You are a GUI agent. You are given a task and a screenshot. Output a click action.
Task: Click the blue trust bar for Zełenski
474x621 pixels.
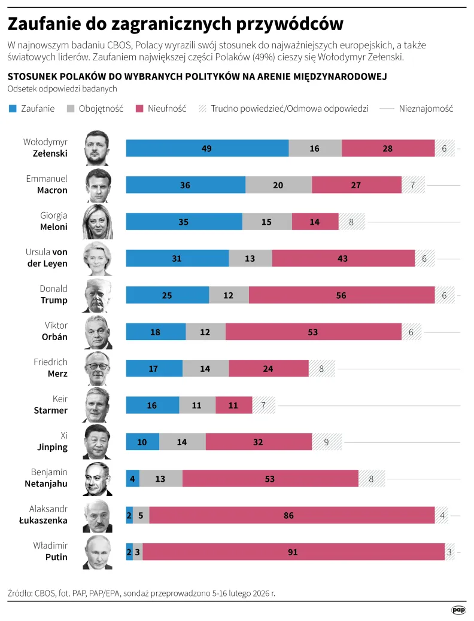coord(207,148)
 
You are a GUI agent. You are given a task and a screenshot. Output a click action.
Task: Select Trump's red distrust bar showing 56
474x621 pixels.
coord(342,295)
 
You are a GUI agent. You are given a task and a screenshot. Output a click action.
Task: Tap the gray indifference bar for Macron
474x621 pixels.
coord(278,185)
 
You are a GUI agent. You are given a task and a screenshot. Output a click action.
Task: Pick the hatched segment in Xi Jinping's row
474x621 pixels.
coord(327,442)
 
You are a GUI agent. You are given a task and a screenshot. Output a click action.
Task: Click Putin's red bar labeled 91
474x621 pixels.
coord(293,552)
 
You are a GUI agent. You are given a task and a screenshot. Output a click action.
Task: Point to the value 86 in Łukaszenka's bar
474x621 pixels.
coord(288,515)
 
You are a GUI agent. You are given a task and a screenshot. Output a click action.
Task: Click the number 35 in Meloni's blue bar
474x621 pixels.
coord(184,222)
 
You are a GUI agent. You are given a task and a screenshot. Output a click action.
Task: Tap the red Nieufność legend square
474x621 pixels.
coord(139,108)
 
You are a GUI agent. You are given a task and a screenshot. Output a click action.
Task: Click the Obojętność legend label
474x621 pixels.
coord(101,108)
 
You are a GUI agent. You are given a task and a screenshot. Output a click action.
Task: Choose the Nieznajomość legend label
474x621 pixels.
coord(426,108)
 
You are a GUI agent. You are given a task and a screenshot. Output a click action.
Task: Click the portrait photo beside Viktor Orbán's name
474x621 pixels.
coord(97,332)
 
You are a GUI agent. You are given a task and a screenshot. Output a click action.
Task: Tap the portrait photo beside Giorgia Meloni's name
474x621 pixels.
coord(97,222)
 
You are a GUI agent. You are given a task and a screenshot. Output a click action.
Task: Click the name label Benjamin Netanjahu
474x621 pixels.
coord(49,478)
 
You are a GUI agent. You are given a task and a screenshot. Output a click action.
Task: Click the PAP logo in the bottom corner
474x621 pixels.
coord(458,610)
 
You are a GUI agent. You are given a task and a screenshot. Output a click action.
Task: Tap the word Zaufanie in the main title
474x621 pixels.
coord(45,23)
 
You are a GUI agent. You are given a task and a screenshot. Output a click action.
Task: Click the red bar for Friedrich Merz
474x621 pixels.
coord(268,369)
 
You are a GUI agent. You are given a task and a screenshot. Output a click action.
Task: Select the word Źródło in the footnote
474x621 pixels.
coord(20,594)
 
